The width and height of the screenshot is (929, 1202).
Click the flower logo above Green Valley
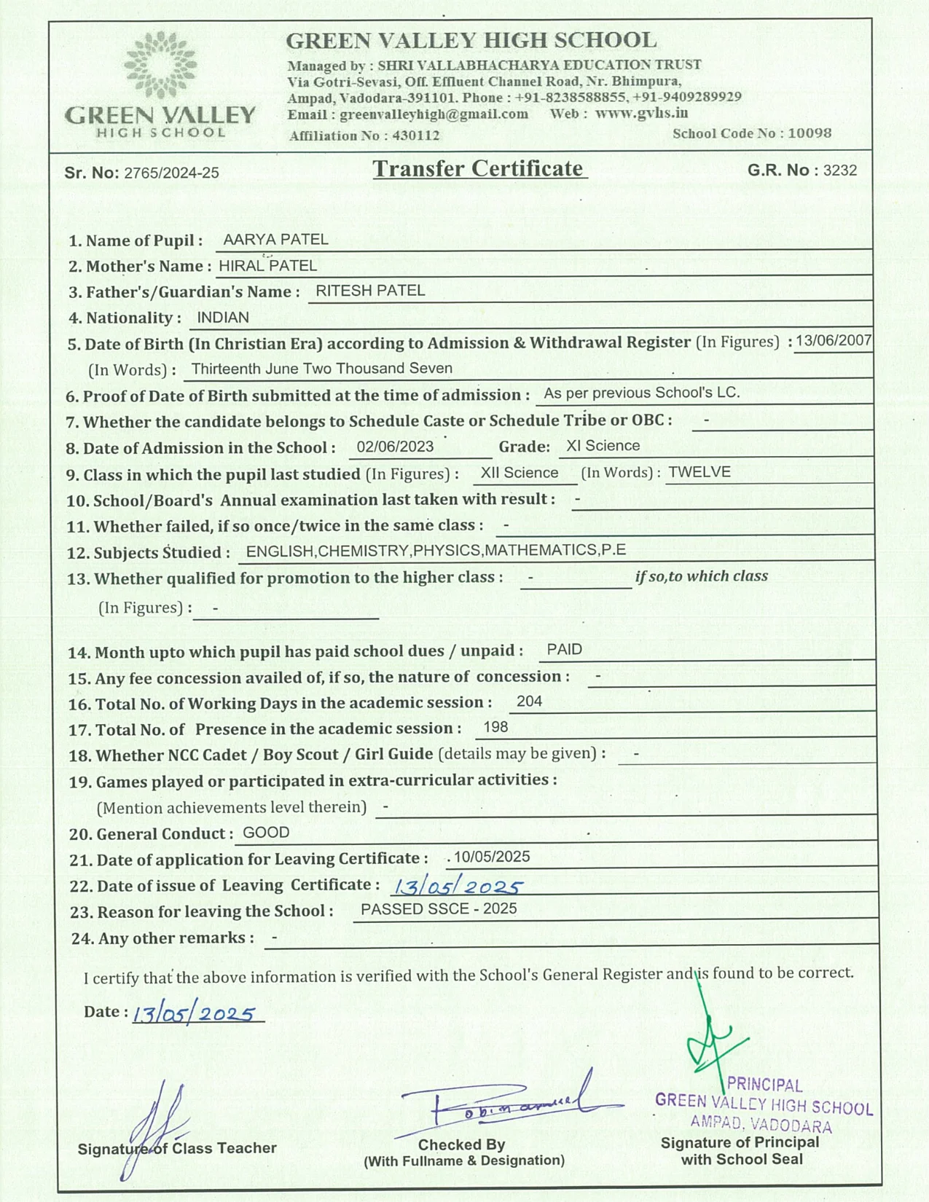160,65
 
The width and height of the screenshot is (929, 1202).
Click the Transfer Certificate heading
479,169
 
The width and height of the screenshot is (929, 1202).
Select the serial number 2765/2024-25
171,173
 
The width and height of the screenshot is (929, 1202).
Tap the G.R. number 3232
839,170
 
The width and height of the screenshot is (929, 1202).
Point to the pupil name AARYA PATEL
275,240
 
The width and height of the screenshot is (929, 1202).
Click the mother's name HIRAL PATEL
267,266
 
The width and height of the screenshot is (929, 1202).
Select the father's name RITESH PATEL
370,291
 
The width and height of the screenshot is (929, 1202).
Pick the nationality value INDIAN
223,318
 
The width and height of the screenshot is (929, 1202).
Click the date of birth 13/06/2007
833,340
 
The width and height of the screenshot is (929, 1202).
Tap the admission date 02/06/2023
395,447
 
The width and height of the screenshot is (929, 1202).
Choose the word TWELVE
699,472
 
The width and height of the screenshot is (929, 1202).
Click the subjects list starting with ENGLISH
436,550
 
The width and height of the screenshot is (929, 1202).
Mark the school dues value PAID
565,650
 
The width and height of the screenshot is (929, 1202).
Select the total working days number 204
529,702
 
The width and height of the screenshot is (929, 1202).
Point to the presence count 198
495,727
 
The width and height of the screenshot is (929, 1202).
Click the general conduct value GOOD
266,833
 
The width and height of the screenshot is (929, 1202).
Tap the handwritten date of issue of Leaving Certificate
457,887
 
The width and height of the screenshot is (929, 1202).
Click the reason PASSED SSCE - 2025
439,909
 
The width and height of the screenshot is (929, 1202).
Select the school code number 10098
810,133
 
